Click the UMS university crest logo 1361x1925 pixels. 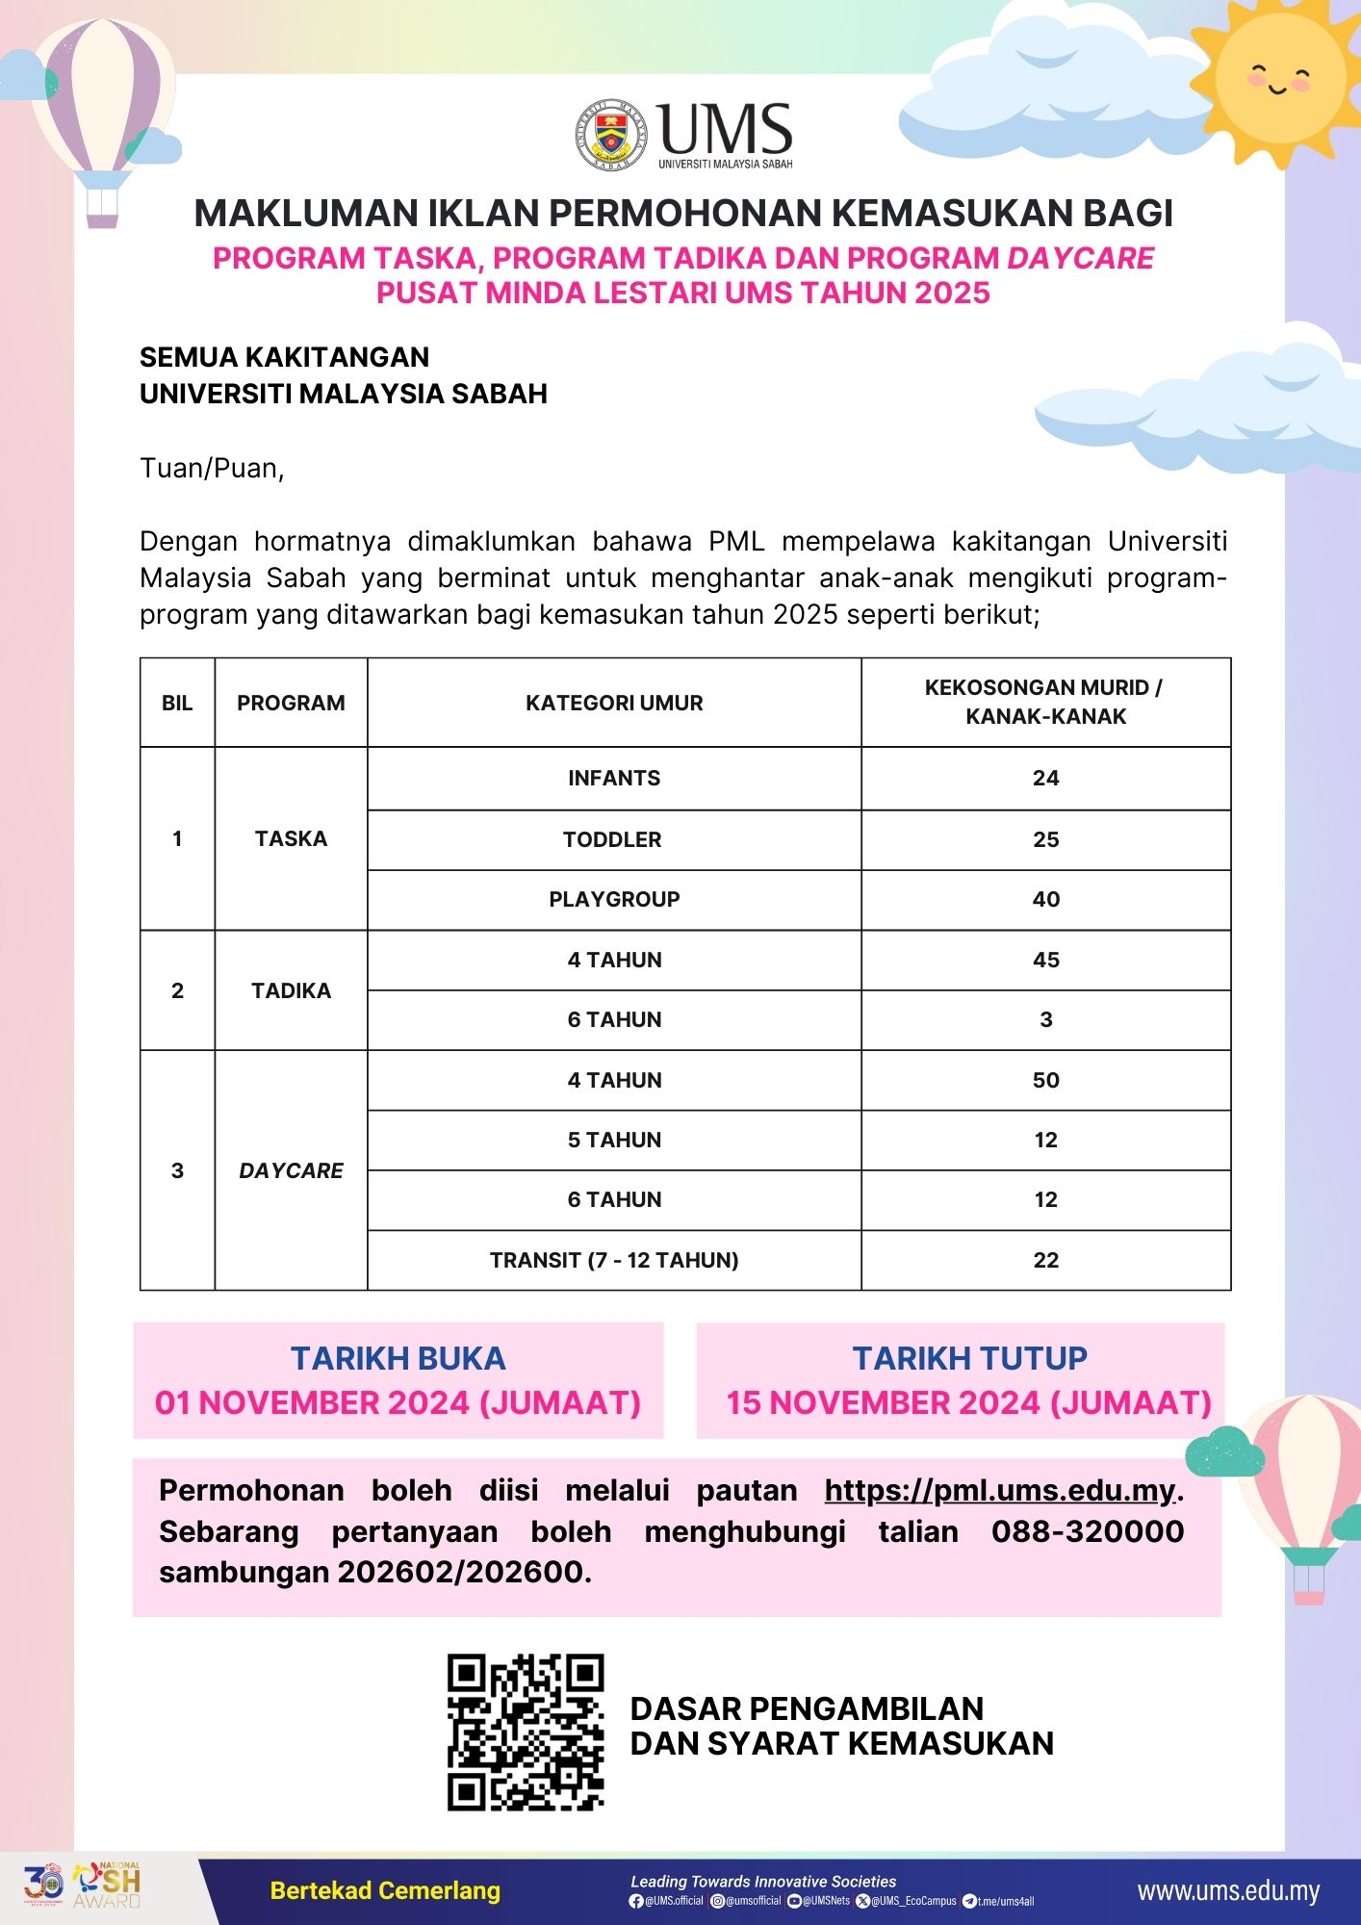click(611, 136)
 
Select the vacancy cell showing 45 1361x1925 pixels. click(1045, 960)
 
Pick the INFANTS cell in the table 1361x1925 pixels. click(614, 778)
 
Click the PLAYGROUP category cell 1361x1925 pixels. click(614, 899)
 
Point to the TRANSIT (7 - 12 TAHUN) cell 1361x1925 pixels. click(614, 1260)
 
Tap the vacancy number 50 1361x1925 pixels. click(1045, 1080)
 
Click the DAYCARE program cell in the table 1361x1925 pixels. click(291, 1170)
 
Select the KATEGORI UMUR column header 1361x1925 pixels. click(614, 703)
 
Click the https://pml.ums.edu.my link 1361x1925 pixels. click(1000, 1491)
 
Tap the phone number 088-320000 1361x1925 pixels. click(1088, 1531)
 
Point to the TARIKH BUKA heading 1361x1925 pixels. click(398, 1358)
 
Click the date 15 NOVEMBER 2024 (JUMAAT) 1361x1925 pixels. click(968, 1403)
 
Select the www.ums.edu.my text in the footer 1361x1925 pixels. click(1228, 1891)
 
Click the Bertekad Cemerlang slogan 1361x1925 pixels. click(385, 1891)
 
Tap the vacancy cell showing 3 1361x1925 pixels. click(1045, 1019)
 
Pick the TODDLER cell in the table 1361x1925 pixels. click(612, 839)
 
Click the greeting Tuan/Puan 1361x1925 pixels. click(212, 469)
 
